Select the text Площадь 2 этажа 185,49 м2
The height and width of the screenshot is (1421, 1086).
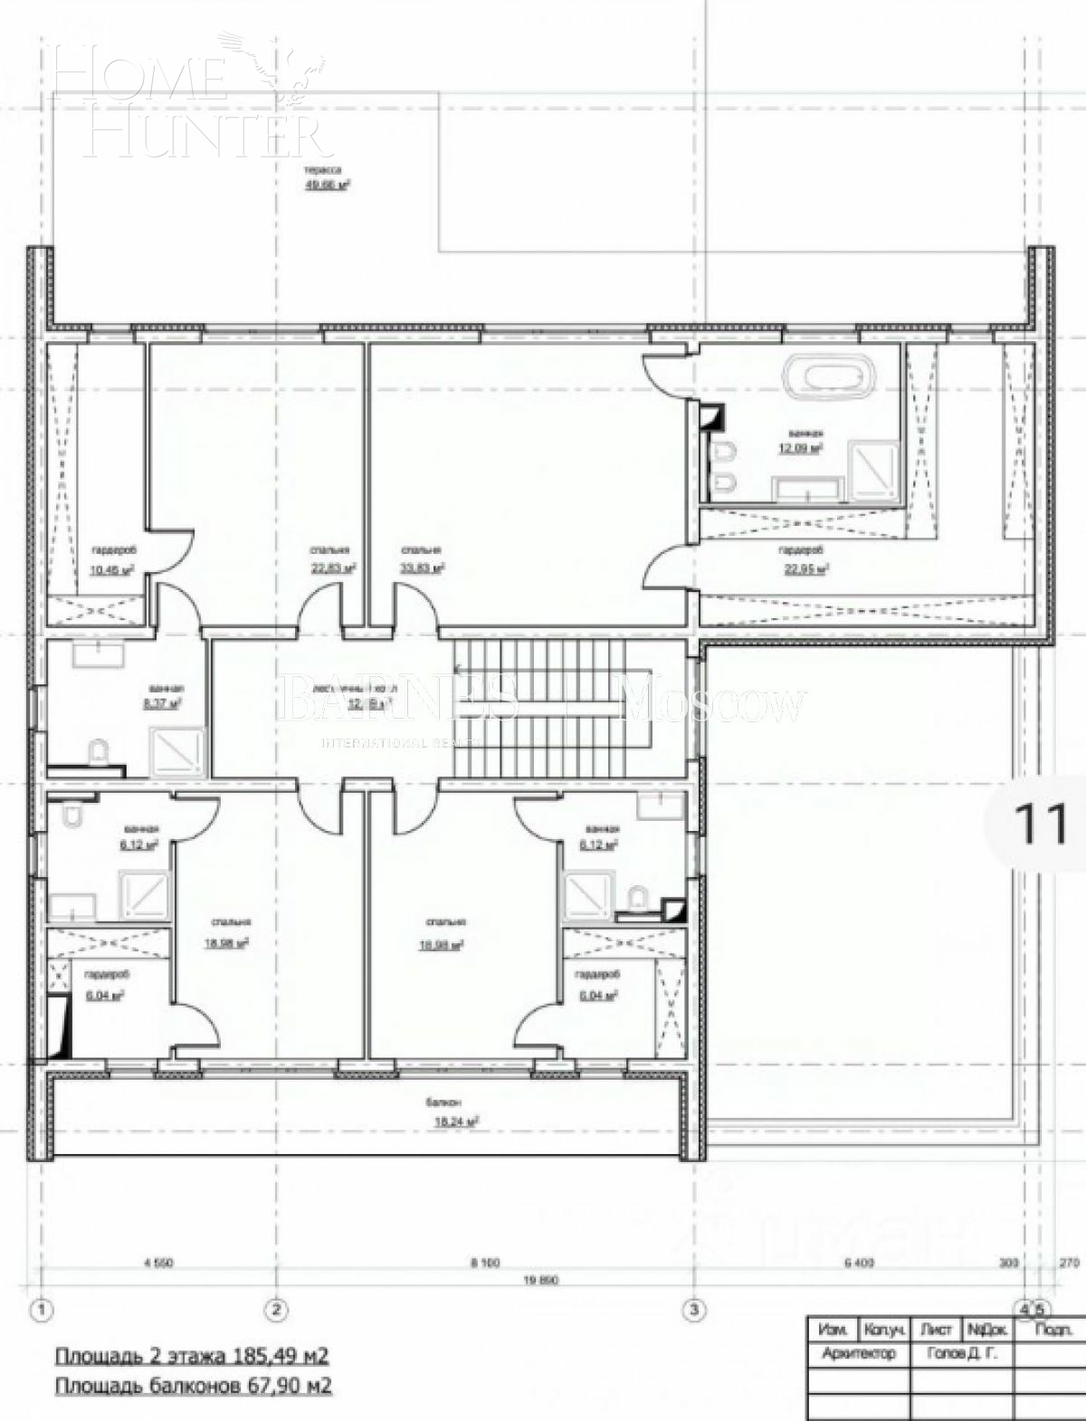pyautogui.click(x=192, y=1357)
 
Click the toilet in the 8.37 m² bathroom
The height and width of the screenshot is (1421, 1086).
pyautogui.click(x=99, y=751)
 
